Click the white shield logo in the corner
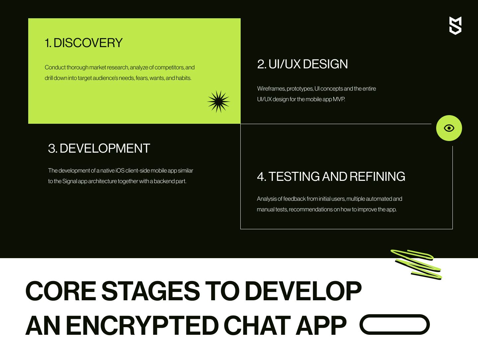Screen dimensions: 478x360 click(455, 26)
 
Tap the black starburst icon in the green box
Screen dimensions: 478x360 click(218, 102)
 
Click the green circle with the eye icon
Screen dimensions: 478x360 click(449, 128)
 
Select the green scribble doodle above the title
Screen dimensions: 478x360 click(416, 265)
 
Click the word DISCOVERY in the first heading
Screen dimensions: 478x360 click(88, 43)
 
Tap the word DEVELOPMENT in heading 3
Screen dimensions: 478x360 click(105, 148)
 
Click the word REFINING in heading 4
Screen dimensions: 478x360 click(377, 176)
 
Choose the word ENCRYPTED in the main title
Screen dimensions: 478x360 click(142, 326)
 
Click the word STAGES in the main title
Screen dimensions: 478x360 click(151, 291)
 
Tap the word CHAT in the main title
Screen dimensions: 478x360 click(257, 326)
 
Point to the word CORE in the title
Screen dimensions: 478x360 click(61, 291)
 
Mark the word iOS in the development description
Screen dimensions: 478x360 click(120, 171)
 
